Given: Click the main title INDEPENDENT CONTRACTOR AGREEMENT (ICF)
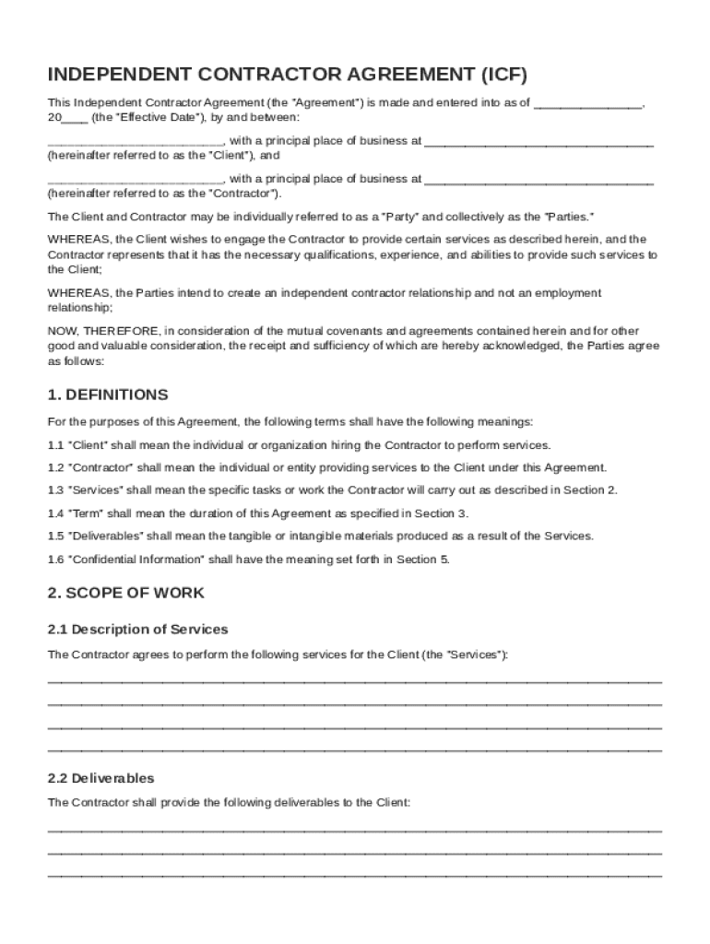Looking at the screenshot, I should (288, 76).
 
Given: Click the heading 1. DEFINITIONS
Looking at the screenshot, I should (108, 395).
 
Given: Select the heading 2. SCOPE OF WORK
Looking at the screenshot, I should (126, 593).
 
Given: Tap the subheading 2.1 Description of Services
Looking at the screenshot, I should (137, 630).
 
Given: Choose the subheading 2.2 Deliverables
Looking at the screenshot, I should (101, 778).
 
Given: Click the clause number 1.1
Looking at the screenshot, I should (55, 445).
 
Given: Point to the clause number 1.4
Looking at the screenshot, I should (55, 513).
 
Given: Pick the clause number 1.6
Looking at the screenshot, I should (55, 560).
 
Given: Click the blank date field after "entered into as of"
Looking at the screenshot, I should (587, 104).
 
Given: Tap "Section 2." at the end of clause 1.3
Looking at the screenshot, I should (592, 490).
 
